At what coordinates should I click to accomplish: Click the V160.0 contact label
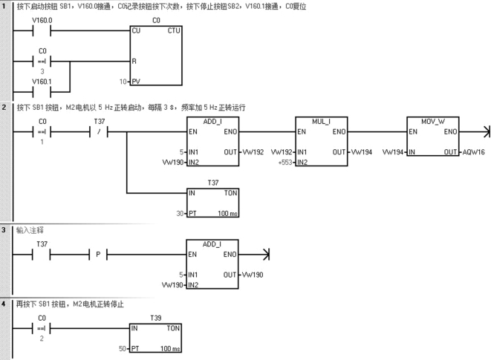[x=42, y=21]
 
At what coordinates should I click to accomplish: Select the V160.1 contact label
[x=42, y=80]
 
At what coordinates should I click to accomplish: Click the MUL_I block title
[x=319, y=120]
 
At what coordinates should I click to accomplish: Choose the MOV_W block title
[x=432, y=120]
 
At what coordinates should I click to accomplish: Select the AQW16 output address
[x=474, y=151]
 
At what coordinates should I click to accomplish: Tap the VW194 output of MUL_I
[x=363, y=151]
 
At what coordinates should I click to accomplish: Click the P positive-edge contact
[x=99, y=255]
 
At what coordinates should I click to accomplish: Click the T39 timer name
[x=156, y=317]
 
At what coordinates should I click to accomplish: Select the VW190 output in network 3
[x=253, y=274]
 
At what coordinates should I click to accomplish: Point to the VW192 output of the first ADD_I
[x=253, y=151]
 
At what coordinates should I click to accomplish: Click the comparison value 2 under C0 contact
[x=42, y=338]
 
